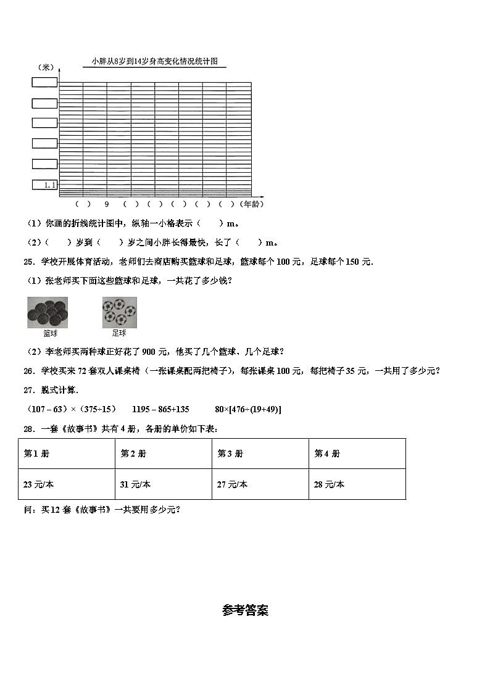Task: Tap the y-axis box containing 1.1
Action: [x=45, y=185]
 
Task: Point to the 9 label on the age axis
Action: [x=106, y=204]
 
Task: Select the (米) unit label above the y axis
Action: [x=45, y=67]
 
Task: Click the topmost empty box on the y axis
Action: [x=45, y=82]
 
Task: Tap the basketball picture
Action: [x=48, y=312]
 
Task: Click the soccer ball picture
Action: [x=119, y=312]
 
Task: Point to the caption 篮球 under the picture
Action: [x=50, y=333]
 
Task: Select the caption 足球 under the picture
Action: [x=119, y=333]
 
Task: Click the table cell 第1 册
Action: [x=36, y=454]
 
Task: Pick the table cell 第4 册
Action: [x=327, y=454]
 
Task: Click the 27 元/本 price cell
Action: [x=232, y=484]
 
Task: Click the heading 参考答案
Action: [x=245, y=610]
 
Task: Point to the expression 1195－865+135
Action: [x=160, y=409]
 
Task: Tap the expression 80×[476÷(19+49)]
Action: [x=247, y=409]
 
